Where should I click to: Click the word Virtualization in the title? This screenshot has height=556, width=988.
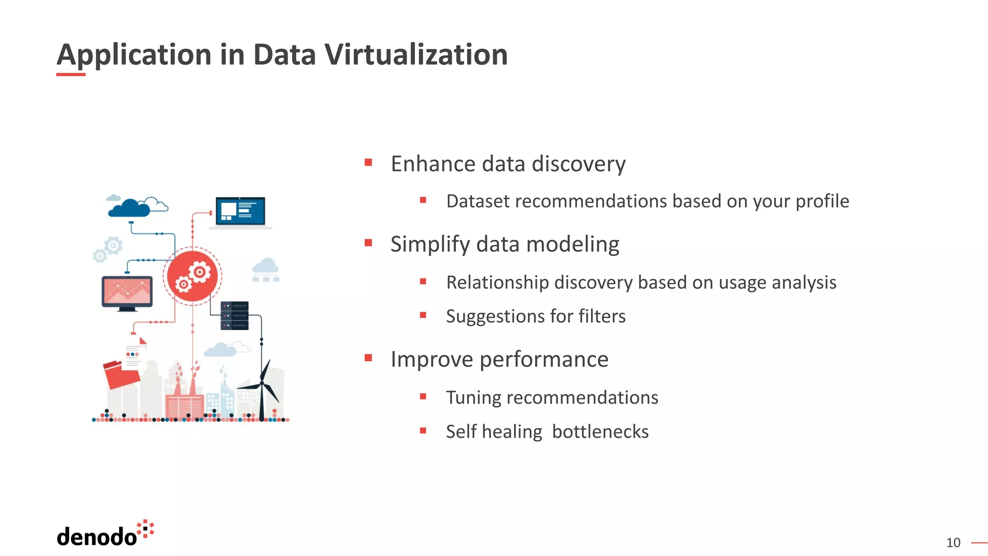pyautogui.click(x=415, y=54)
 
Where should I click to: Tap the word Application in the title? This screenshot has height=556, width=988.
pyautogui.click(x=134, y=55)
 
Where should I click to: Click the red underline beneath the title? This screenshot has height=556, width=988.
pyautogui.click(x=71, y=74)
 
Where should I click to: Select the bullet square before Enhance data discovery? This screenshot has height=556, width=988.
pyautogui.click(x=369, y=163)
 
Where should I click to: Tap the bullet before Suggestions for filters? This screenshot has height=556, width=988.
pyautogui.click(x=423, y=315)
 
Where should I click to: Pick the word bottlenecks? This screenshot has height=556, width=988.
pyautogui.click(x=600, y=431)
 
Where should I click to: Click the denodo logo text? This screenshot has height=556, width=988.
pyautogui.click(x=97, y=537)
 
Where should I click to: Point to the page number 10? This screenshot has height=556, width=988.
pyautogui.click(x=953, y=543)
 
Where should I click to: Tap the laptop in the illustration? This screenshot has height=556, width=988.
pyautogui.click(x=240, y=212)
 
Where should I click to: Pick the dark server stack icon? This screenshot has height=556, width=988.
pyautogui.click(x=234, y=316)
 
